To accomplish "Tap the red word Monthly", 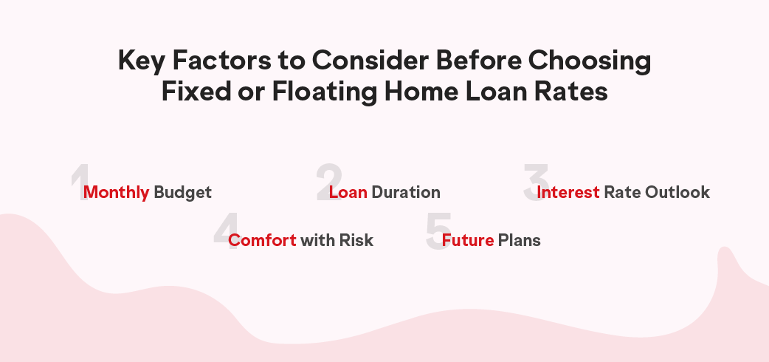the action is [x=116, y=192].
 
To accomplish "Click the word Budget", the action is [x=182, y=193].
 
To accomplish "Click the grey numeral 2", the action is [x=328, y=182].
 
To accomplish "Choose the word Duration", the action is [x=406, y=191].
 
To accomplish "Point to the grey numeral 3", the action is [x=536, y=182].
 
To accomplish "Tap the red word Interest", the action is [x=568, y=191].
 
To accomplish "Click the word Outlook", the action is [x=677, y=191].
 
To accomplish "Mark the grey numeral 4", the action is [x=227, y=230].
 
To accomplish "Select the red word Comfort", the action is [x=262, y=240].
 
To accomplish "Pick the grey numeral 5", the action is [x=438, y=230].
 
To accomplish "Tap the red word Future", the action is [x=467, y=240].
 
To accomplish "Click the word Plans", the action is [x=519, y=240].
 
